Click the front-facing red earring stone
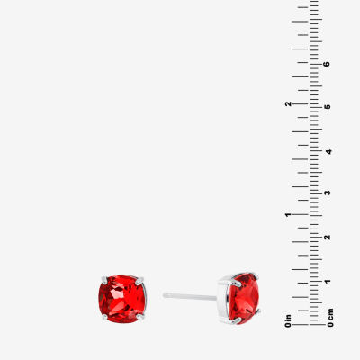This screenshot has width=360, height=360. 121,299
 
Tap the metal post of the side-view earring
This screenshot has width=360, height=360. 190,297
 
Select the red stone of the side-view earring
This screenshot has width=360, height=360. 243,298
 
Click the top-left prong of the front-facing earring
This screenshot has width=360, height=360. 104,279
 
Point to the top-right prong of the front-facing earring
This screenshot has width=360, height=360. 140,281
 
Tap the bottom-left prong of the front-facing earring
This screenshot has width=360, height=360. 104,317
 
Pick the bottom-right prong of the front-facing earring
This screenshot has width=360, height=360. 140,317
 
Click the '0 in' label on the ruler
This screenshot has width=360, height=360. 288,320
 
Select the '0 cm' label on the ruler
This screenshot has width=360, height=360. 330,318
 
